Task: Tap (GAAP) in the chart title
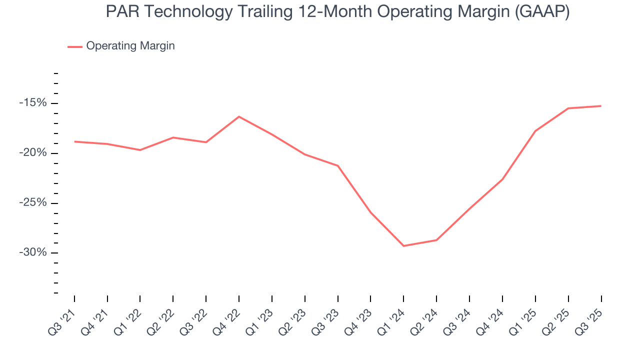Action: [542, 12]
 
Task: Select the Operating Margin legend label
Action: [130, 46]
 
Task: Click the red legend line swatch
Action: [75, 46]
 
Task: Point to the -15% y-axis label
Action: [32, 103]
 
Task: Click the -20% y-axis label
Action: [32, 153]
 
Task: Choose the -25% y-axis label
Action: [32, 203]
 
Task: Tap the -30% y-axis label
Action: [32, 252]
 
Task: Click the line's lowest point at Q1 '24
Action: [403, 246]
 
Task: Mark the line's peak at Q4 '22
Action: [239, 116]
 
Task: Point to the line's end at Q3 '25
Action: [600, 106]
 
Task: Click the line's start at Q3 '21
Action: [74, 141]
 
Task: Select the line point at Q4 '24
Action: [502, 179]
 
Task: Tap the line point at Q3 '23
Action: [338, 165]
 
